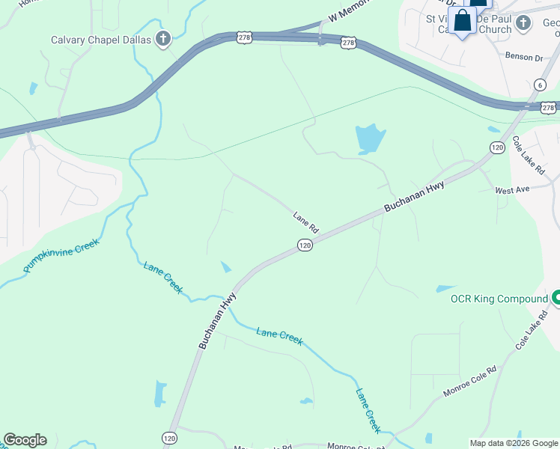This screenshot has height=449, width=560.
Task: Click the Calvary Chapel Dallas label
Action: pyautogui.click(x=100, y=40)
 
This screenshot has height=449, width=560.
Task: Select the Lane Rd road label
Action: pyautogui.click(x=306, y=222)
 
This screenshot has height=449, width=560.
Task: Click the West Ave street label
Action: pyautogui.click(x=512, y=190)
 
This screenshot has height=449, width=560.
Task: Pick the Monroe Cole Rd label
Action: pyautogui.click(x=470, y=380)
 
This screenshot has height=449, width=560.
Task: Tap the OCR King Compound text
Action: pyautogui.click(x=499, y=299)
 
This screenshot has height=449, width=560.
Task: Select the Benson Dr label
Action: pyautogui.click(x=523, y=57)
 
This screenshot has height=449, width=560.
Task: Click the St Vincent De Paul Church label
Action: pyautogui.click(x=469, y=24)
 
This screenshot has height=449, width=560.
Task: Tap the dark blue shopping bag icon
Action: pyautogui.click(x=462, y=21)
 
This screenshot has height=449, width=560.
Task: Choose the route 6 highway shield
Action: pyautogui.click(x=539, y=85)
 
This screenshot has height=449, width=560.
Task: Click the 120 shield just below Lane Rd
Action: pyautogui.click(x=305, y=245)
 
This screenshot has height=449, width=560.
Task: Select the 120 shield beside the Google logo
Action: pyautogui.click(x=168, y=437)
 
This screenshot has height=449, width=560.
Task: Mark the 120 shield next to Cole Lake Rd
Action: pyautogui.click(x=497, y=147)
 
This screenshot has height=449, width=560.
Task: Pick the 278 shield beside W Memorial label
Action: pyautogui.click(x=348, y=43)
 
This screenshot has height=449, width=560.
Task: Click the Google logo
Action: pyautogui.click(x=25, y=440)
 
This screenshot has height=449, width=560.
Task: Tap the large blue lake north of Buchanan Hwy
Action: pyautogui.click(x=369, y=138)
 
